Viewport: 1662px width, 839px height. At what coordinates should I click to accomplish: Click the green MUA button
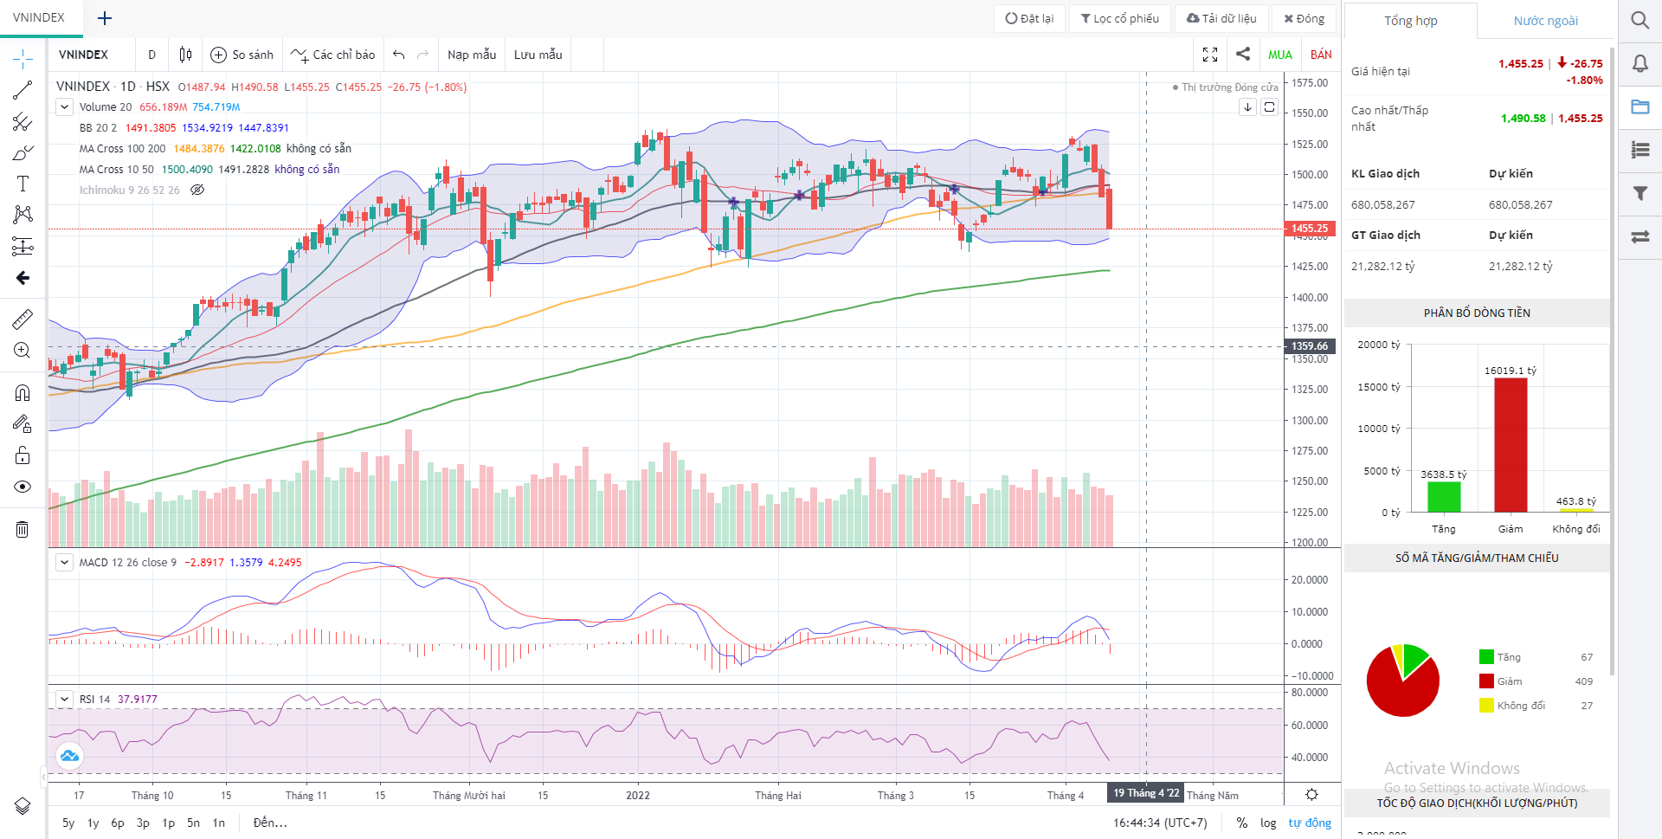point(1279,55)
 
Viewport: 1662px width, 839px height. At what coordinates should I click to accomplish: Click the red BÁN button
point(1321,55)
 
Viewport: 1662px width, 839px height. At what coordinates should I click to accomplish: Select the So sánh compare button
point(242,55)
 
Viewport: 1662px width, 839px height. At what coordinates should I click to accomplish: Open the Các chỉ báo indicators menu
point(333,55)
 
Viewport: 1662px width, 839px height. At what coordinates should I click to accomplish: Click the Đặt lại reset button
point(1030,18)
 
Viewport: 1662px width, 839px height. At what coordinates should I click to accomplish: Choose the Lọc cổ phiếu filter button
point(1120,18)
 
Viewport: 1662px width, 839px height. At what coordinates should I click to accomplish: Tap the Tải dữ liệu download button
point(1221,18)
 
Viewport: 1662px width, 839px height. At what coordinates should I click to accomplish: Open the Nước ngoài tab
point(1545,21)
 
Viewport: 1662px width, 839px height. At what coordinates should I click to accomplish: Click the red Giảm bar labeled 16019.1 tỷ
point(1511,445)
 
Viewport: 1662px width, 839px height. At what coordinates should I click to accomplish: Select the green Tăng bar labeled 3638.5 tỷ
point(1444,497)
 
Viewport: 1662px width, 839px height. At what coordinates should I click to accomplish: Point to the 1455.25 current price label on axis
point(1310,229)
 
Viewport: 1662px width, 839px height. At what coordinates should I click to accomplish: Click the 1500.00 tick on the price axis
point(1310,174)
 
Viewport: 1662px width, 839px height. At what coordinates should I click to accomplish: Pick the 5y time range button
point(68,823)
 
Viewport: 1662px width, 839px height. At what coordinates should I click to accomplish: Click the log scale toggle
point(1268,823)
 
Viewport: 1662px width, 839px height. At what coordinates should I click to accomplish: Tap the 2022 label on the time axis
point(638,795)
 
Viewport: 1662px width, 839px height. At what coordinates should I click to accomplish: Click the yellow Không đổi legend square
point(1486,706)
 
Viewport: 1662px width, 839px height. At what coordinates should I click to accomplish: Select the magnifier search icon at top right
point(1639,19)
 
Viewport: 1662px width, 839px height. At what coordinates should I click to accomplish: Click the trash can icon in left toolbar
point(23,529)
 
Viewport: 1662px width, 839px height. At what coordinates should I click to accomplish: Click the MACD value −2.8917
point(204,562)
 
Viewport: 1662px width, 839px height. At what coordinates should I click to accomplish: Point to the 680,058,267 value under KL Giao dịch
point(1383,204)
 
